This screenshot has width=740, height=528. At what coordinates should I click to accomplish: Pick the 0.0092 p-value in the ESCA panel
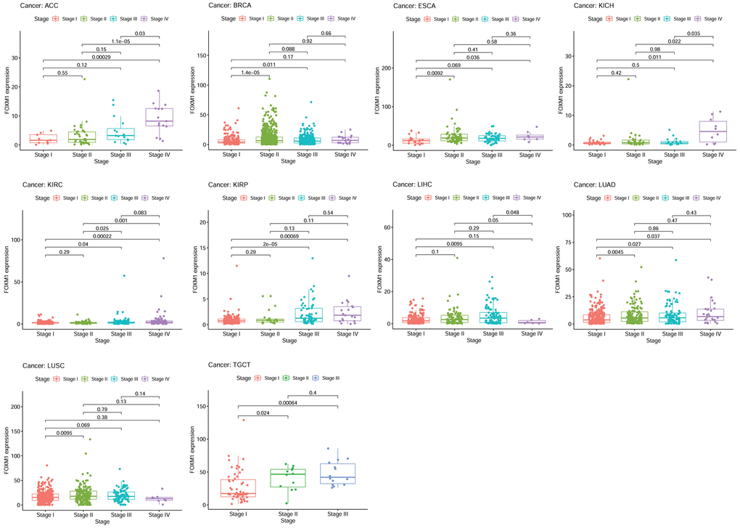tap(435, 73)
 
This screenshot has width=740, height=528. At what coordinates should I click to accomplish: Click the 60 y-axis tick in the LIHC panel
tap(387, 227)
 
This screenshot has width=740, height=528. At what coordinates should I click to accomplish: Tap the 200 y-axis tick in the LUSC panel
tap(14, 406)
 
